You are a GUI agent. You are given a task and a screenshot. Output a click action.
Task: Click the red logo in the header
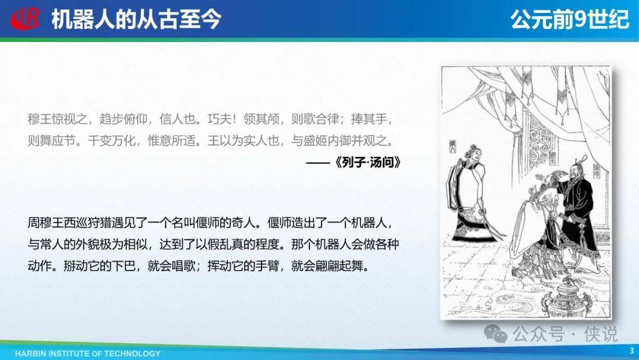pyautogui.click(x=25, y=19)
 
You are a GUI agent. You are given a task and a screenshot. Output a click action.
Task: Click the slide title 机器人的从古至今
pyautogui.click(x=137, y=19)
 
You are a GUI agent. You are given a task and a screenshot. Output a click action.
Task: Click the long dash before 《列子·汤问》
pyautogui.click(x=318, y=163)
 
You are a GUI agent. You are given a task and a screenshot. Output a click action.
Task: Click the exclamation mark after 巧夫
pyautogui.click(x=234, y=119)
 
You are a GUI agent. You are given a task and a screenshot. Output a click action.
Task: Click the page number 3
pyautogui.click(x=632, y=351)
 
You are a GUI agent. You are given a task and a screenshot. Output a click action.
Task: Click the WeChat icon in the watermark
pyautogui.click(x=495, y=334)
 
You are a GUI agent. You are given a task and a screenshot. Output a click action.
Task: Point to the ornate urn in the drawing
pyautogui.click(x=570, y=298)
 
